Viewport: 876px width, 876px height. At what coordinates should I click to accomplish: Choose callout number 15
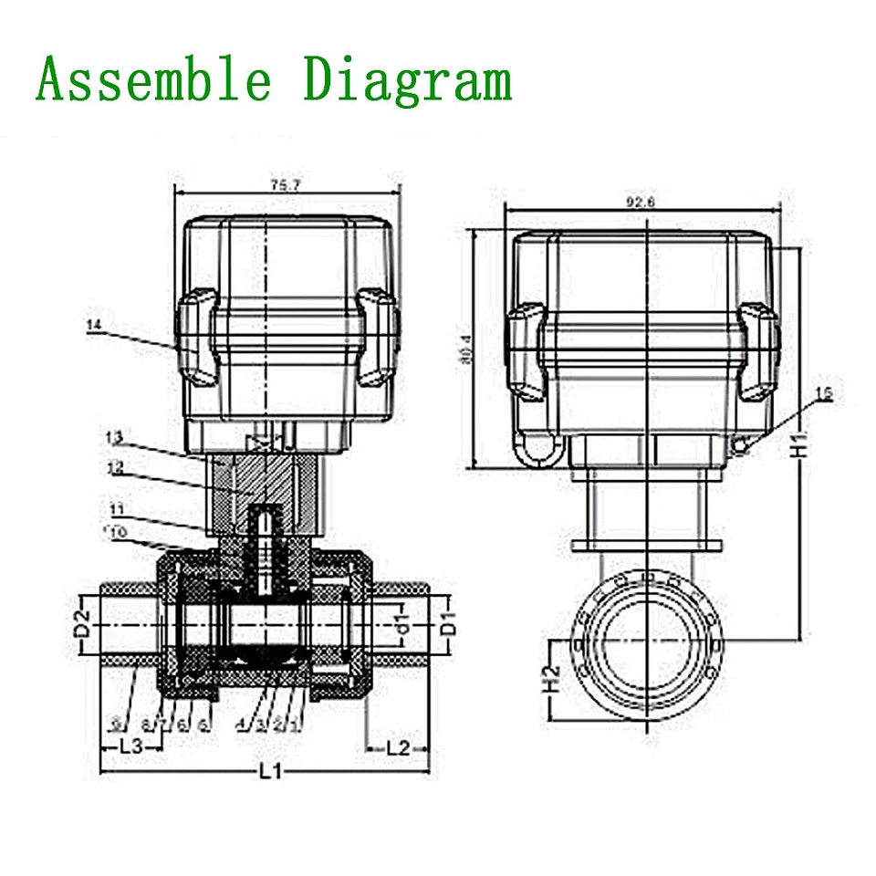pyautogui.click(x=823, y=393)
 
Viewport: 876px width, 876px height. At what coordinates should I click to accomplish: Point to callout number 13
pyautogui.click(x=113, y=438)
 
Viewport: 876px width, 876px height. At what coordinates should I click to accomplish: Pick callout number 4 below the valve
pyautogui.click(x=240, y=725)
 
